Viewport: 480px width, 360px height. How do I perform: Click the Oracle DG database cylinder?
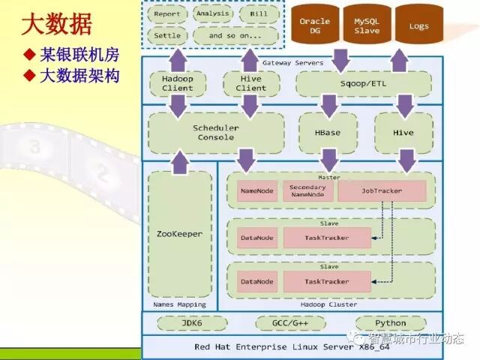pos(314,26)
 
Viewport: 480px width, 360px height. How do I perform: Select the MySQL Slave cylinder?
pos(367,26)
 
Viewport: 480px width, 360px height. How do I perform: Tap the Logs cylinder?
pos(419,26)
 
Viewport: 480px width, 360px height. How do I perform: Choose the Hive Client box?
pos(250,83)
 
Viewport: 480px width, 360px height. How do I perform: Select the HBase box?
pos(328,133)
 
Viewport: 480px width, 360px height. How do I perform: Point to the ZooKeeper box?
pos(179,234)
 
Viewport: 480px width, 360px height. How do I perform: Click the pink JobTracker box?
pos(382,191)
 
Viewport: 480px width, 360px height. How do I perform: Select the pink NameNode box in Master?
pos(257,191)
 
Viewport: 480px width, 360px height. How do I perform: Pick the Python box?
pos(391,323)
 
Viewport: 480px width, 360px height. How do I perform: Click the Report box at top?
pos(166,14)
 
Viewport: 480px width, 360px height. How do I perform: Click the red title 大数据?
pos(56,25)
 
